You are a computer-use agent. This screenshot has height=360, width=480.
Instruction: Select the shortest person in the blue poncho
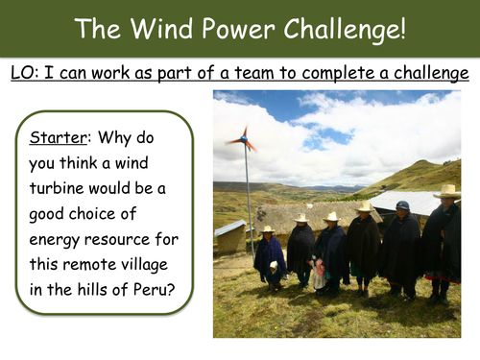270,257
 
